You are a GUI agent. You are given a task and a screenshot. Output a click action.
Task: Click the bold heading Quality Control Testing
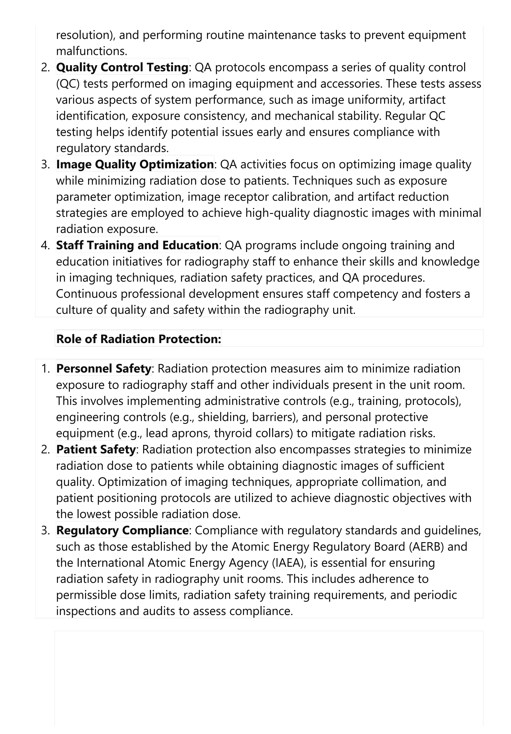(x=122, y=67)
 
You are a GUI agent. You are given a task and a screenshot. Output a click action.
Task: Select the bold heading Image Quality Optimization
(x=135, y=164)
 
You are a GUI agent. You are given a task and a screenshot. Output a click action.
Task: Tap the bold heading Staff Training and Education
(x=137, y=245)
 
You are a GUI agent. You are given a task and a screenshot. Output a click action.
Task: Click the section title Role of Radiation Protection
(x=138, y=339)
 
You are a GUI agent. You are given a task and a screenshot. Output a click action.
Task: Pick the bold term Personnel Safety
(x=103, y=369)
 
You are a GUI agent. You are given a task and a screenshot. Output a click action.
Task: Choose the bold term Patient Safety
(x=96, y=449)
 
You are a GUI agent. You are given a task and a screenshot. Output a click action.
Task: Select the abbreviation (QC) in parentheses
(x=68, y=84)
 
